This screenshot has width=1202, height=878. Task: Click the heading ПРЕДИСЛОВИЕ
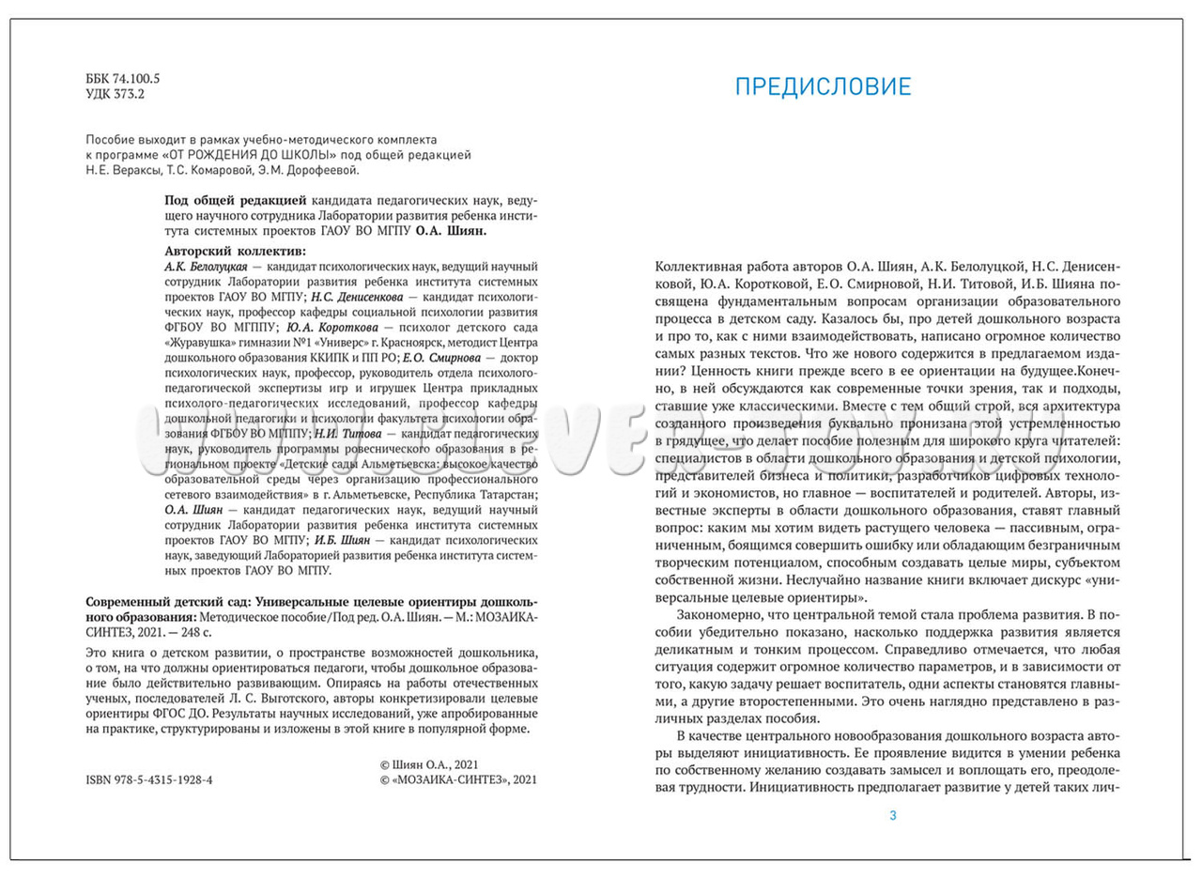tap(823, 87)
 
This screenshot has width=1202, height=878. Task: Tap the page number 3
tap(892, 815)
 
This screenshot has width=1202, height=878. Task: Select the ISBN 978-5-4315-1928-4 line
tap(148, 779)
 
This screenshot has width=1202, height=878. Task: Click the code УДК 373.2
tap(116, 95)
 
